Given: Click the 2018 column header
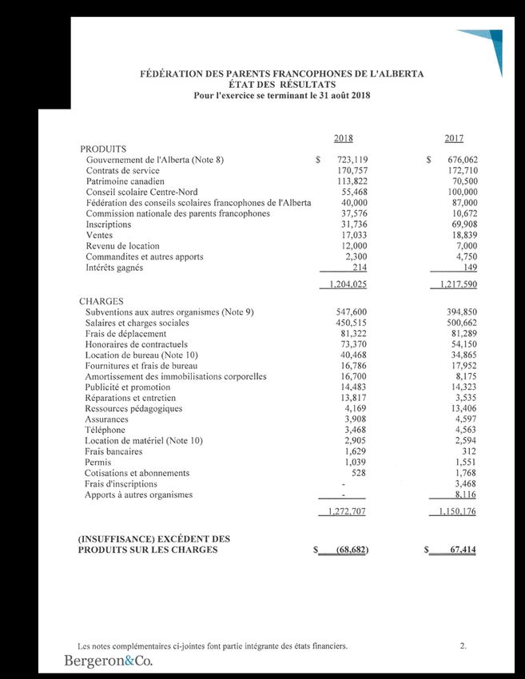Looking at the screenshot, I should tap(343, 138).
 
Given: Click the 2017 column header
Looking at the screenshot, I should tap(455, 138).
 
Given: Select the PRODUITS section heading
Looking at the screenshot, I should tap(104, 149).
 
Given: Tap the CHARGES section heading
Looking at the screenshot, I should tap(101, 301).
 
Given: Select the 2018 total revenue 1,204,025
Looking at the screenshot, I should tap(344, 284).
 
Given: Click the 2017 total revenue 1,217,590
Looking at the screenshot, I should tap(454, 284).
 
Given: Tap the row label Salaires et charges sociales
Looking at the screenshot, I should tap(137, 324).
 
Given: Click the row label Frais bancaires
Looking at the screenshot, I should tap(113, 451).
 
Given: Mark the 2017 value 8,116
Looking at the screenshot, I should tap(463, 494).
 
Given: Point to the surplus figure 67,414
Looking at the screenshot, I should tap(461, 550).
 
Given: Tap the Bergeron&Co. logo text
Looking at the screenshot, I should tap(109, 661).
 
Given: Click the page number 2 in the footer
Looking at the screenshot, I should tap(463, 645).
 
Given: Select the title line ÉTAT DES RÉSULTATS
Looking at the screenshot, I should tap(281, 85).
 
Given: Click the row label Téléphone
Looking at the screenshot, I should tap(105, 430).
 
